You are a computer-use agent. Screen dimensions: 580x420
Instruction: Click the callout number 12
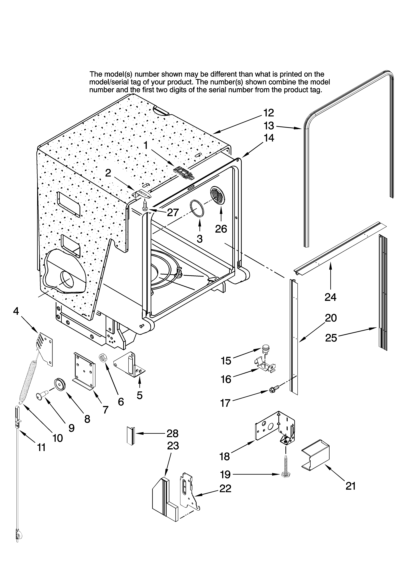tap(269, 113)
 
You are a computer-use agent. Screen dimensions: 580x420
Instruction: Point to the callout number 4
tap(16, 311)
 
